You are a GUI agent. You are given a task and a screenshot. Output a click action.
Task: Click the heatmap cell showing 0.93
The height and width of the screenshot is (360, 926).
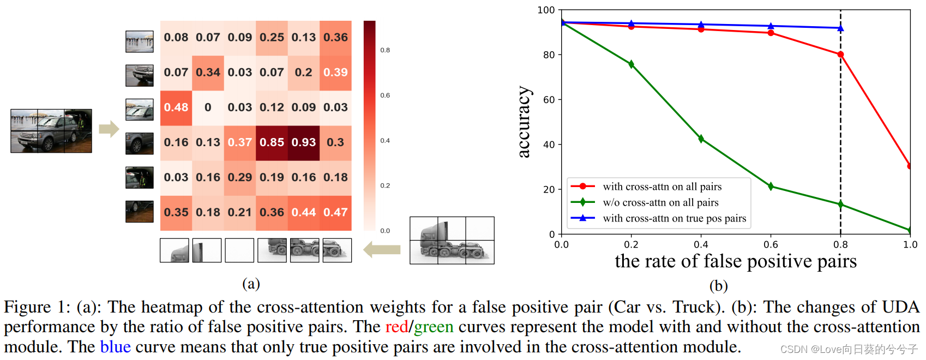(x=304, y=142)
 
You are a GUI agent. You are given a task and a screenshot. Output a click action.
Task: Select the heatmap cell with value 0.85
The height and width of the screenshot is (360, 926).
(x=272, y=142)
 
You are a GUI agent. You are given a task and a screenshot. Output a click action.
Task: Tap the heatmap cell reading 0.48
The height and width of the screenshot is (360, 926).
(x=176, y=107)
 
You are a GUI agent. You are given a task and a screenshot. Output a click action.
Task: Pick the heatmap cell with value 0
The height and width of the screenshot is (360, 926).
(x=208, y=107)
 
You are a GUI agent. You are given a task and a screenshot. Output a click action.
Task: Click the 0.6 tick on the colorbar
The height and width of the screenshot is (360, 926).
(x=385, y=95)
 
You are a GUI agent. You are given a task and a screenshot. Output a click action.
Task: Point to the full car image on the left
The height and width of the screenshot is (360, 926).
(x=51, y=131)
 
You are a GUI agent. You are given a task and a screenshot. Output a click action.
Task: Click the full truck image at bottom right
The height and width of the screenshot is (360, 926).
(x=452, y=241)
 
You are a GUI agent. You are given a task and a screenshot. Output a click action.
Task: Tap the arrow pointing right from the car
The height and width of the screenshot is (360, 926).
(x=109, y=129)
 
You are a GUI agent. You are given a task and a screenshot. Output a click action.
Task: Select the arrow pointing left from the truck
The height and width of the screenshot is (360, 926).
(x=382, y=250)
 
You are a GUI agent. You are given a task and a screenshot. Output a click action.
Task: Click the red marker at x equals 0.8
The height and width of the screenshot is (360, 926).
(x=840, y=55)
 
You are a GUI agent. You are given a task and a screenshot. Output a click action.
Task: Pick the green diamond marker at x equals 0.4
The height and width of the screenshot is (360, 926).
(x=701, y=139)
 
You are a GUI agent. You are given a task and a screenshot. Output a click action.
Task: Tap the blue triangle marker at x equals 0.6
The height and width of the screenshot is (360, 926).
(x=771, y=26)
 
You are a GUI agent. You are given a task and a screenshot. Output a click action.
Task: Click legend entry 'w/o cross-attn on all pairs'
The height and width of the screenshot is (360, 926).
(x=660, y=202)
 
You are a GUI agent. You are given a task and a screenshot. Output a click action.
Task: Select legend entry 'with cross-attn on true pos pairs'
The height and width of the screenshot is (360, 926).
(x=674, y=218)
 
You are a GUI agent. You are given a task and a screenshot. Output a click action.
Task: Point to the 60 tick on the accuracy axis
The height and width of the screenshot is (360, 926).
(x=549, y=100)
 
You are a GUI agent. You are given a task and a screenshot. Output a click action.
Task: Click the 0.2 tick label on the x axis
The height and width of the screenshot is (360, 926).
(x=631, y=244)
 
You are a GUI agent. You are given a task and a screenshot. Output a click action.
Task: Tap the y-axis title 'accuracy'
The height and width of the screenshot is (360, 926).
(x=524, y=122)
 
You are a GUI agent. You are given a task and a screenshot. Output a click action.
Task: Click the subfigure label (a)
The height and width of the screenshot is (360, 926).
(x=251, y=284)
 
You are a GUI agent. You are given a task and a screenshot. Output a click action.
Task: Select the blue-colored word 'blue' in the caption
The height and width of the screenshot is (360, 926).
(x=115, y=347)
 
